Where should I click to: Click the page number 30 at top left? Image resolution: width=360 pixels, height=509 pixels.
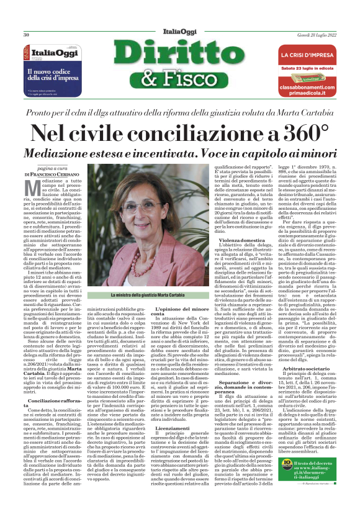[27, 34]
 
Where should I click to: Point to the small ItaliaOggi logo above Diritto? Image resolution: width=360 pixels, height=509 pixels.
[179, 32]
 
